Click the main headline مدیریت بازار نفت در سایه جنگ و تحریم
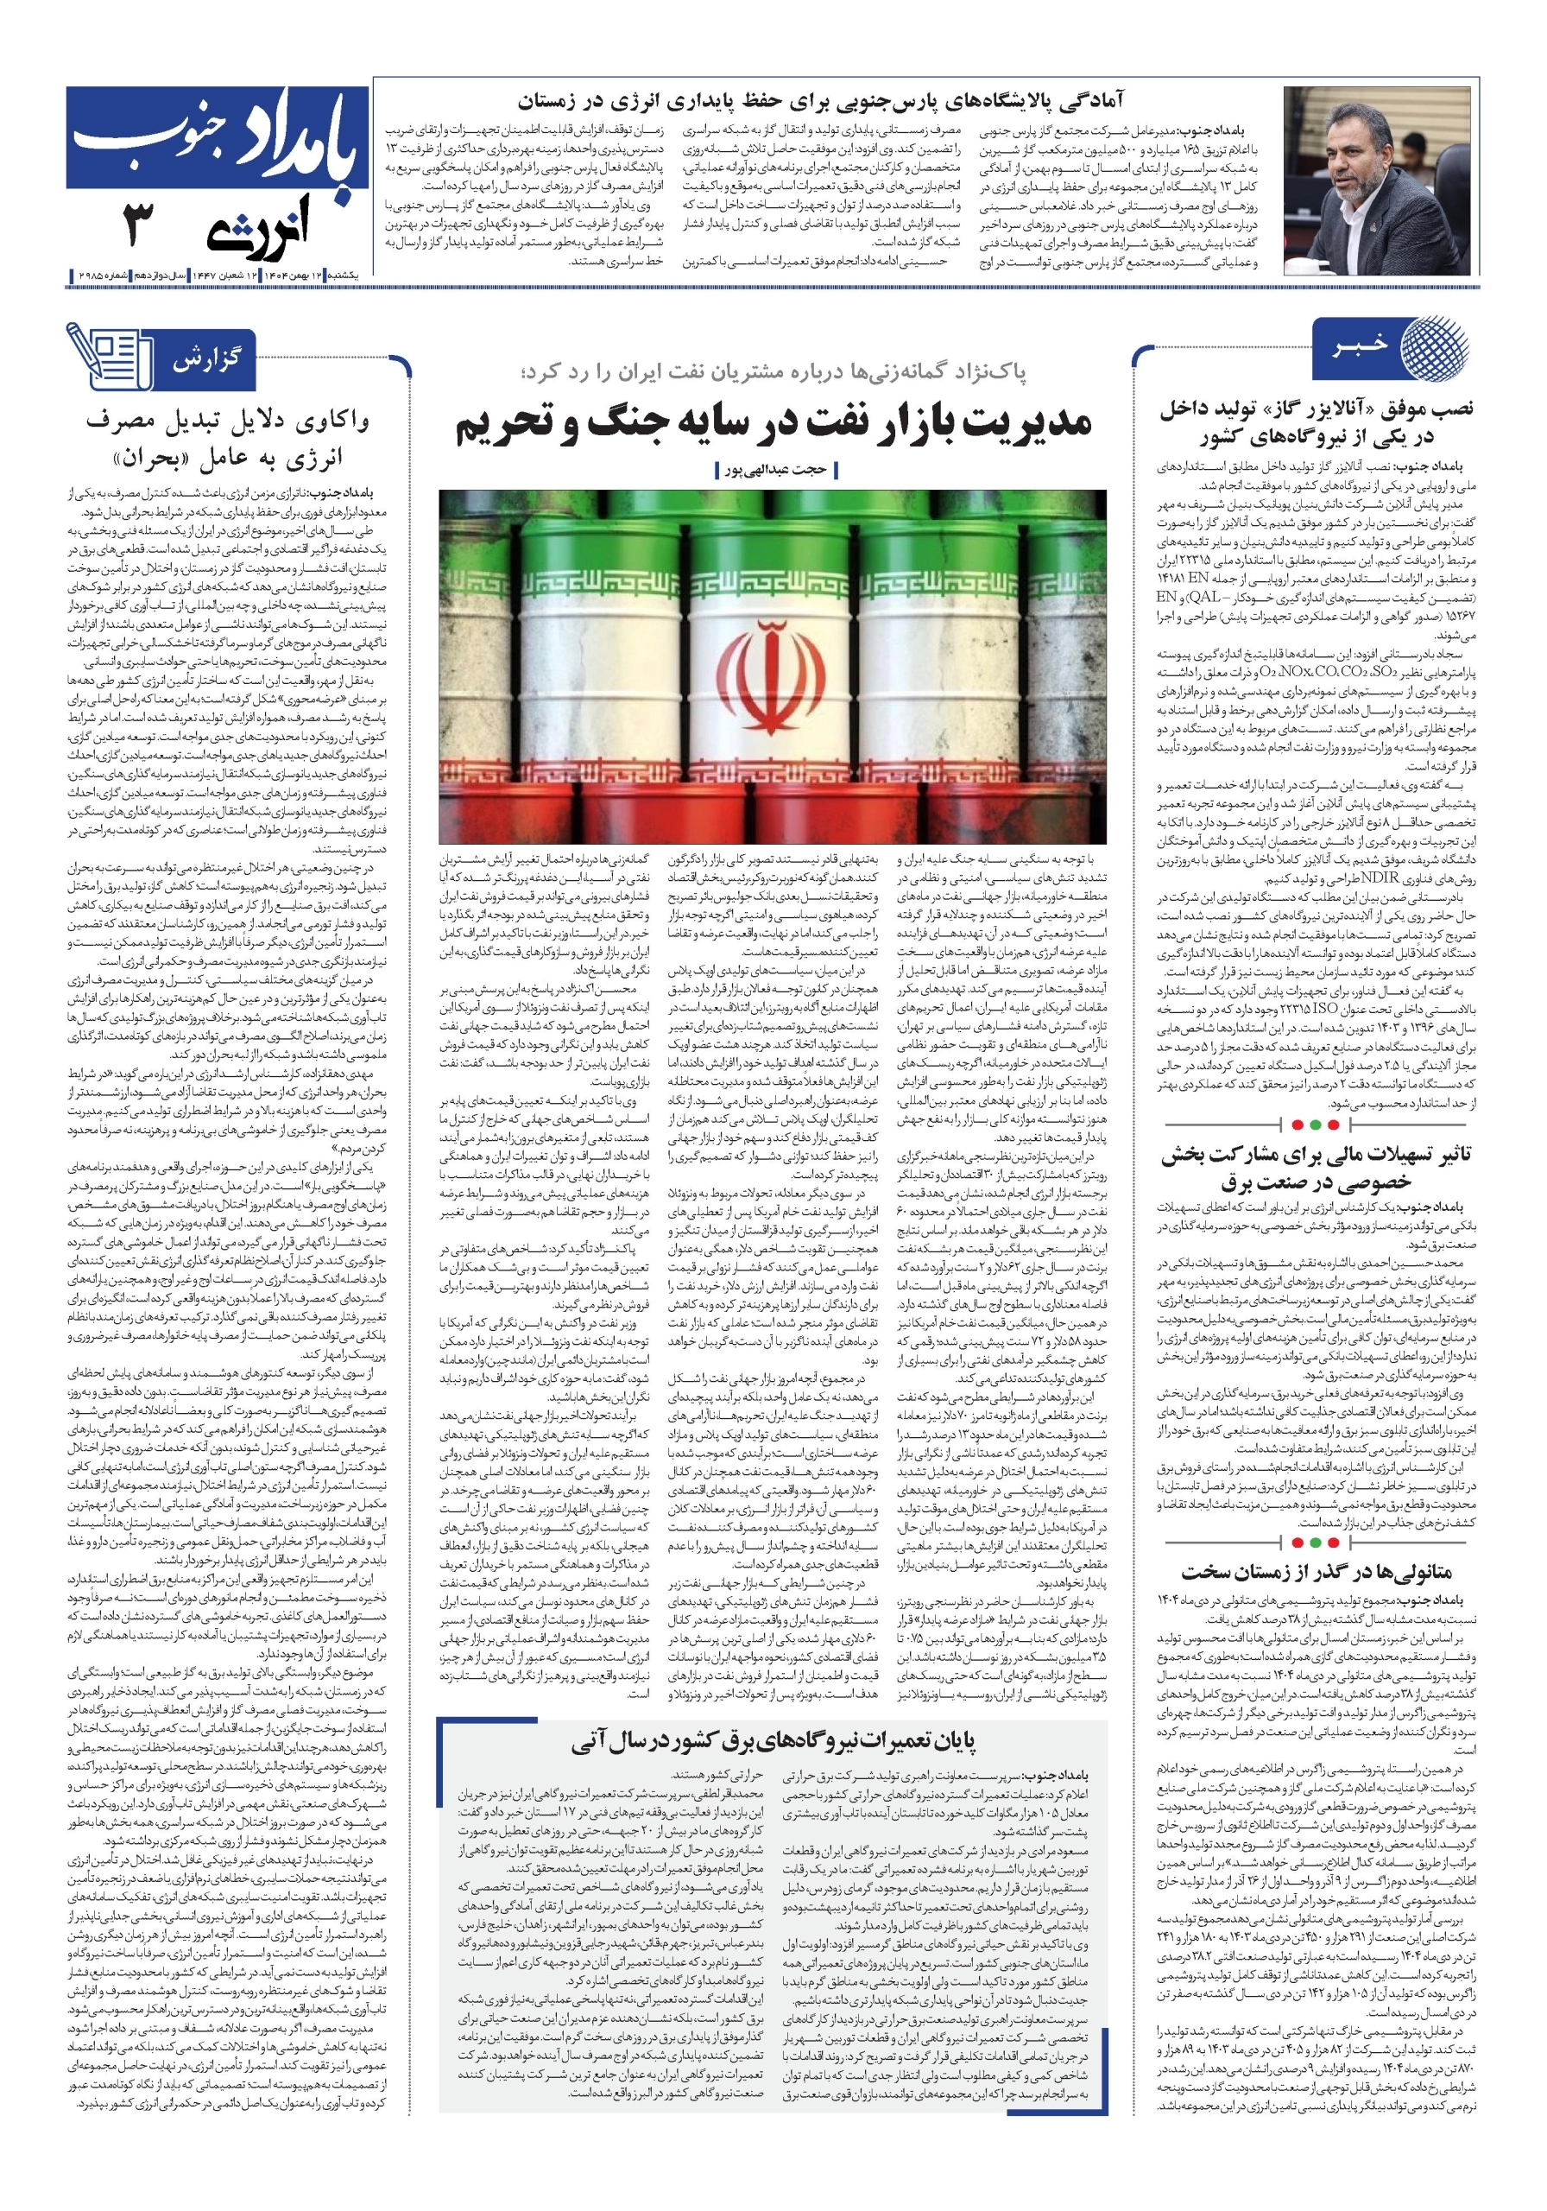pyautogui.click(x=773, y=424)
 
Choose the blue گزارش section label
pyautogui.click(x=205, y=361)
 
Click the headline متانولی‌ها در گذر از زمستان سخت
pyautogui.click(x=1316, y=1573)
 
